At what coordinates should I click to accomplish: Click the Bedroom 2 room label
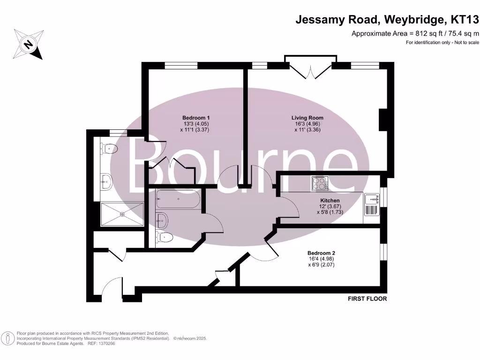pyautogui.click(x=321, y=253)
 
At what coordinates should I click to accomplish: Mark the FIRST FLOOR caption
pyautogui.click(x=367, y=299)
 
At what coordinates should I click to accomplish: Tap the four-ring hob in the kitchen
pyautogui.click(x=320, y=183)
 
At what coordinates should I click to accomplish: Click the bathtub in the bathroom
pyautogui.click(x=178, y=200)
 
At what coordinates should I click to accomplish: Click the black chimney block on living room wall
pyautogui.click(x=383, y=119)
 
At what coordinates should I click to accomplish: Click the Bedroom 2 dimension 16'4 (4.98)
pyautogui.click(x=321, y=259)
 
